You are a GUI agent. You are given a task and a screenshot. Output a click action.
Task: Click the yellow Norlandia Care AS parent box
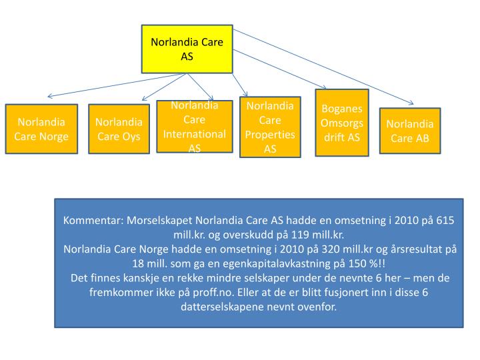(187, 49)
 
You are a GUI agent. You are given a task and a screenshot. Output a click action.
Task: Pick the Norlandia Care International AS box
(195, 127)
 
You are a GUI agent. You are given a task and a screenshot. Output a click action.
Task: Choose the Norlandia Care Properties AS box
(269, 127)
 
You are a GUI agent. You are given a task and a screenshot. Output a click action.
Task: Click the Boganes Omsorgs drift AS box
(341, 123)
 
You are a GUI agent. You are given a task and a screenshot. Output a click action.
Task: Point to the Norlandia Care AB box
(409, 131)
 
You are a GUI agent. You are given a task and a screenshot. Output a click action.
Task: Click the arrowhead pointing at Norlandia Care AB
(411, 104)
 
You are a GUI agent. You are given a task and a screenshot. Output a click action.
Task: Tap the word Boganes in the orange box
(341, 109)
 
